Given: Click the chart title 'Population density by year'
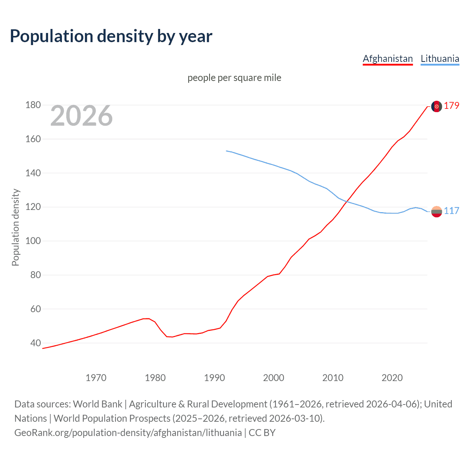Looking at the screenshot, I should [x=111, y=36].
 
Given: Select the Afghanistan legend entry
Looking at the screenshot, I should [x=388, y=59].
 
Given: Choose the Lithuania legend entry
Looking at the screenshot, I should [x=440, y=59].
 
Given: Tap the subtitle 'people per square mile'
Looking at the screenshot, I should [x=234, y=78].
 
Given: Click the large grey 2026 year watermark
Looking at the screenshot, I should [x=81, y=116].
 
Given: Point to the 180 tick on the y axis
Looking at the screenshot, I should [x=33, y=105].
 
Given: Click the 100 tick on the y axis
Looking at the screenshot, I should [x=33, y=241].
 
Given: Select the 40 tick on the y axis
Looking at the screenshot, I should [x=36, y=343].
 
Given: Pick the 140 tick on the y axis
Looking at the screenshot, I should [x=33, y=173].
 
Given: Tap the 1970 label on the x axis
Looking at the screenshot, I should [x=96, y=378].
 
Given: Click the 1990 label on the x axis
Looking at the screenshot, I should [x=214, y=378].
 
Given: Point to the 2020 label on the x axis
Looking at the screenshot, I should [x=392, y=378].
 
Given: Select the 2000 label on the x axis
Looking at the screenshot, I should [x=274, y=378].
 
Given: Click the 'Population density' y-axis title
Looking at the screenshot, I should [x=15, y=227].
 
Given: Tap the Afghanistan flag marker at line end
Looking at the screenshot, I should [x=436, y=106].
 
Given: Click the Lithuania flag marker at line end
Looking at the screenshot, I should [x=436, y=211].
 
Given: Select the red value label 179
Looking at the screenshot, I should [x=451, y=106].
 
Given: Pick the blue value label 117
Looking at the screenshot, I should [x=451, y=211].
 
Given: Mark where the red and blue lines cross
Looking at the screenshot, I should [x=347, y=201].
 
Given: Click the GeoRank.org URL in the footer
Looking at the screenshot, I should [x=128, y=433].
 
